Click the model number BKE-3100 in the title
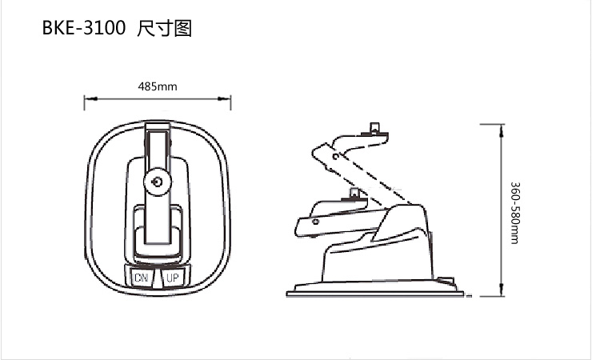tap(83, 28)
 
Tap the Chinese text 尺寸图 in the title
tap(164, 29)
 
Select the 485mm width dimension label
tap(158, 86)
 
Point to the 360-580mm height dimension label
tap(515, 213)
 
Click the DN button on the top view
tap(142, 278)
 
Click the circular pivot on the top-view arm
tap(158, 182)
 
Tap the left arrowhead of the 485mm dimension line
tap(90, 99)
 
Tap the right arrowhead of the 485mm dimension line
tap(224, 99)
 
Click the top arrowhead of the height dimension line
tap(502, 130)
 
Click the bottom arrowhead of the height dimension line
tap(502, 290)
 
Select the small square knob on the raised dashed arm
tap(374, 127)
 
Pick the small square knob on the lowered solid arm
tap(354, 194)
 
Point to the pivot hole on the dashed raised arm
tap(336, 156)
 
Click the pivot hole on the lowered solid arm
tap(315, 222)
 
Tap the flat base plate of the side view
tap(375, 294)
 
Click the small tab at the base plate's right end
tap(446, 281)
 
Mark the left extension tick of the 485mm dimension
tap(84, 102)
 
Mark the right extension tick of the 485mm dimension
tap(230, 102)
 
